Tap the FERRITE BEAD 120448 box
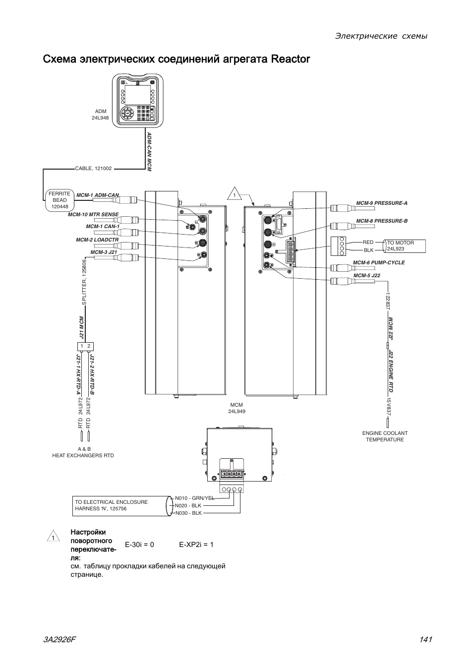tap(59, 200)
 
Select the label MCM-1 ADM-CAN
tap(98, 195)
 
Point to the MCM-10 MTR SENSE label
tap(93, 214)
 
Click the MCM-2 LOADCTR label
tap(97, 240)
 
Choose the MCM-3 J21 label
tap(104, 252)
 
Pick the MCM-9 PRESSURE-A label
tap(382, 203)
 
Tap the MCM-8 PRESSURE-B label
tap(382, 221)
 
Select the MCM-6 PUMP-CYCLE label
tap(379, 263)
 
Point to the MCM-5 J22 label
tap(366, 275)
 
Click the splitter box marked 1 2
tap(85, 346)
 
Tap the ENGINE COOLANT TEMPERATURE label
tap(385, 436)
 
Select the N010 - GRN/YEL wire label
tap(194, 498)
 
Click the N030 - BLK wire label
tap(188, 513)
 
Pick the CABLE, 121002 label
tap(93, 169)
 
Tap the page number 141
tap(425, 639)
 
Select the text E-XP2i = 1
tap(196, 545)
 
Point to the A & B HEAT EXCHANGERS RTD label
tap(83, 452)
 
